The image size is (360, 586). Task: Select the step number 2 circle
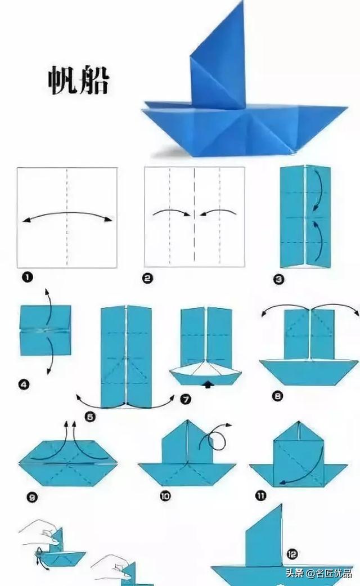(147, 276)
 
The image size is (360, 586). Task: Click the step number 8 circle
(277, 396)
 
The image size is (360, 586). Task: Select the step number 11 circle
(260, 495)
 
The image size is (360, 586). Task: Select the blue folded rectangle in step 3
(304, 217)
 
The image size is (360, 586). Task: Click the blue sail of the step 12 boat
(264, 538)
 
